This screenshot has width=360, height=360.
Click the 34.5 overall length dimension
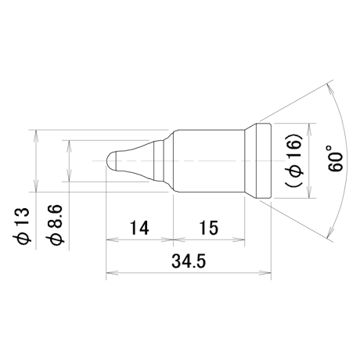pos(189,261)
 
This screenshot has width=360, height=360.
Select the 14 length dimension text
pos(139,228)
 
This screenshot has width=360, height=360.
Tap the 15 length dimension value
pos(210,228)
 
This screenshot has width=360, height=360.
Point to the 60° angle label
pos(335,159)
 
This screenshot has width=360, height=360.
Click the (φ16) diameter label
pos(295,160)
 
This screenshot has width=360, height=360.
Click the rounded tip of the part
pos(111,160)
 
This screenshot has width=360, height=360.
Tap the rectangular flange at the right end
pos(264,160)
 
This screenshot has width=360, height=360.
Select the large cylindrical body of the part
pos(209,160)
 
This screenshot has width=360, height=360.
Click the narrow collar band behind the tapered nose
pos(159,160)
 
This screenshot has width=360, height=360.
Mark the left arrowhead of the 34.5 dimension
pos(112,273)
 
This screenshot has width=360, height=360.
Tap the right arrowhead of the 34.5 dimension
pos(265,273)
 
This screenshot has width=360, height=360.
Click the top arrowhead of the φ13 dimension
pos(36,135)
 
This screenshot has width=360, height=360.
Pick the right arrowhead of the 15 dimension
pos(239,239)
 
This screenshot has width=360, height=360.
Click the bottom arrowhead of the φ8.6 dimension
pos(69,175)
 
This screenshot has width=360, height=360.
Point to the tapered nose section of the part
pos(135,160)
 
